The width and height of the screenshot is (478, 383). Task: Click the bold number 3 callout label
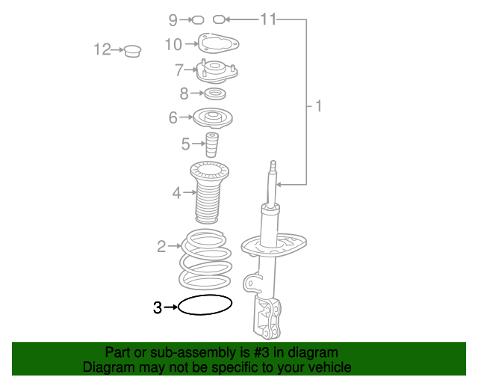tap(158, 307)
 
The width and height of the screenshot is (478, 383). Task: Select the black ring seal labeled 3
tap(205, 295)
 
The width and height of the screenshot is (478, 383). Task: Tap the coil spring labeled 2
tap(183, 260)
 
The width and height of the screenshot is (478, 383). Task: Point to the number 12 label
tap(102, 49)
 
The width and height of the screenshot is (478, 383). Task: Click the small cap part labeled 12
tap(133, 51)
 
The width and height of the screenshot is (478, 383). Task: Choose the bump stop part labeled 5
tap(212, 144)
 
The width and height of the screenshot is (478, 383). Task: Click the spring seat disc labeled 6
tap(213, 118)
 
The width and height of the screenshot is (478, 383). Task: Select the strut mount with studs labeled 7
tap(217, 71)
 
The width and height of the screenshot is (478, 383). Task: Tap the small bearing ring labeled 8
tap(215, 94)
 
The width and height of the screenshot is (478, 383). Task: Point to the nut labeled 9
tap(198, 20)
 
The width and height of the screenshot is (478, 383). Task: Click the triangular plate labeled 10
tap(218, 43)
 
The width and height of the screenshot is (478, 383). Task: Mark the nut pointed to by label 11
tap(219, 19)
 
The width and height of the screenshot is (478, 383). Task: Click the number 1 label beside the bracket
tap(319, 106)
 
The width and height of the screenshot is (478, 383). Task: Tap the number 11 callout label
tap(268, 19)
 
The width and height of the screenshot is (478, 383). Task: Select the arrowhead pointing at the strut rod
tap(278, 185)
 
